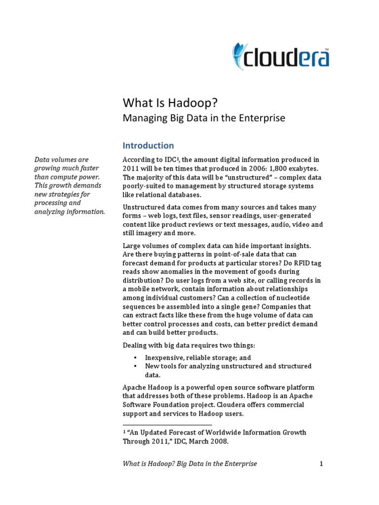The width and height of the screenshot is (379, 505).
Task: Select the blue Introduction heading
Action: tap(148, 145)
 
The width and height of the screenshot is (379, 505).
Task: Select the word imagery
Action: tap(156, 233)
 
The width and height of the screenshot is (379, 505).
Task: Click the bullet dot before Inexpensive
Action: tap(135, 358)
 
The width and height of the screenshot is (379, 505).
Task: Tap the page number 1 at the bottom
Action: tap(321, 464)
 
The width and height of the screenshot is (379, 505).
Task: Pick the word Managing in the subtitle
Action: tap(141, 118)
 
